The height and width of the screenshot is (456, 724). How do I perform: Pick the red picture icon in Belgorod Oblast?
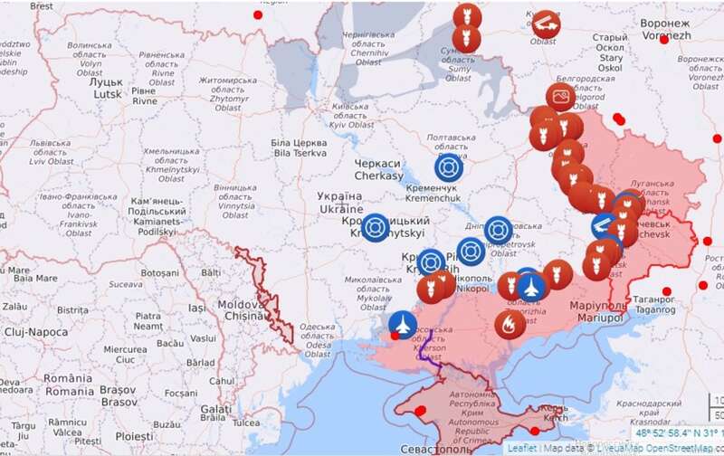561,96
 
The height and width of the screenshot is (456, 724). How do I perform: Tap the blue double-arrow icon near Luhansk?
601,226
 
